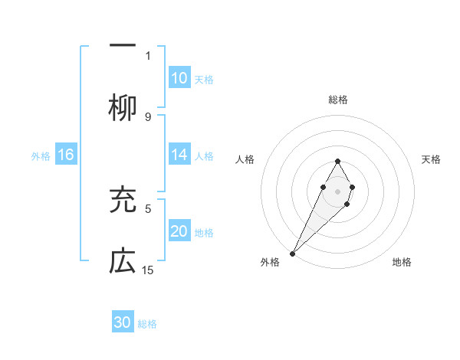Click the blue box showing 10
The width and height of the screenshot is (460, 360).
(179, 78)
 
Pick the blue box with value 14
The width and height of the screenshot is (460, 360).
(179, 155)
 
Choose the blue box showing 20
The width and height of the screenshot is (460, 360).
(179, 231)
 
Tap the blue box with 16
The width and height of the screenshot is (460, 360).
(66, 155)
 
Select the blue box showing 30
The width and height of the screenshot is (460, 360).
(123, 322)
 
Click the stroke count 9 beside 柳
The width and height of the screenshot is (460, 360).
(148, 116)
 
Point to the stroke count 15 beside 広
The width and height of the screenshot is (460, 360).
(149, 270)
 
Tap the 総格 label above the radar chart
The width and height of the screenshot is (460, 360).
(338, 100)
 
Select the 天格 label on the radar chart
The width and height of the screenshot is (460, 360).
(432, 159)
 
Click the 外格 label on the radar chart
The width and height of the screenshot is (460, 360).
(270, 262)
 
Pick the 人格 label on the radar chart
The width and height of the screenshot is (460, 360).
(245, 159)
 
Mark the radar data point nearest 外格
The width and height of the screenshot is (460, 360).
(292, 253)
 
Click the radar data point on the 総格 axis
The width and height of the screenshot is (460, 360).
(338, 161)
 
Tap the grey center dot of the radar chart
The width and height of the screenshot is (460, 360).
(338, 190)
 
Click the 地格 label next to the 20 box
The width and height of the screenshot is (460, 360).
(204, 232)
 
